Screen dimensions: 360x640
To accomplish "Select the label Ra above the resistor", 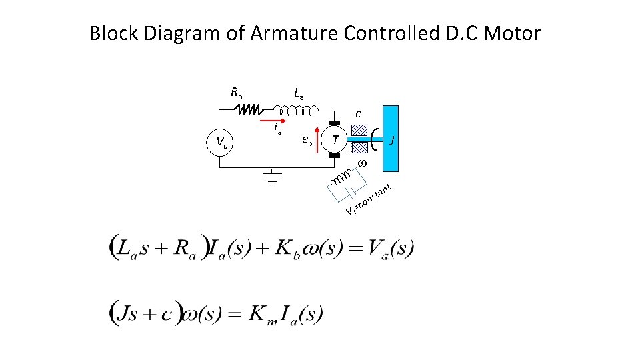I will coord(237,92).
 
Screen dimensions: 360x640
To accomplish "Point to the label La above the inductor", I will coord(297,94).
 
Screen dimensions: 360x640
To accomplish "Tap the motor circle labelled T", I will coord(337,139).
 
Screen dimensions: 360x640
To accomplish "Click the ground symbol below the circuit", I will coord(270,176).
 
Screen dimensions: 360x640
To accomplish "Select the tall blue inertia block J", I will coord(391,139).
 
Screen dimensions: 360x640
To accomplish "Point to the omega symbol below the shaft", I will coord(362,163).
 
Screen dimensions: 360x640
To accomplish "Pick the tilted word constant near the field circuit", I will coord(373,197).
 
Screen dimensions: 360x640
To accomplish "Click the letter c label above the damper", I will coord(358,113).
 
